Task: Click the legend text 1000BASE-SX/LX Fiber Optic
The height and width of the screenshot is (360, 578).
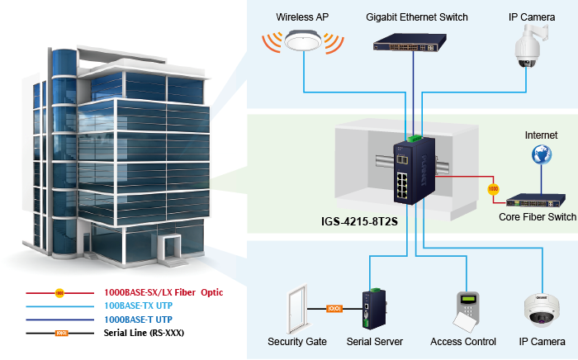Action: (x=163, y=292)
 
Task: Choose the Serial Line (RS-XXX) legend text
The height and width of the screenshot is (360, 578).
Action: (x=144, y=332)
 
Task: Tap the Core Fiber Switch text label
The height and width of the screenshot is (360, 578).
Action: (x=538, y=217)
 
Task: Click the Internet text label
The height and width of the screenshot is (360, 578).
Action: (x=541, y=135)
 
